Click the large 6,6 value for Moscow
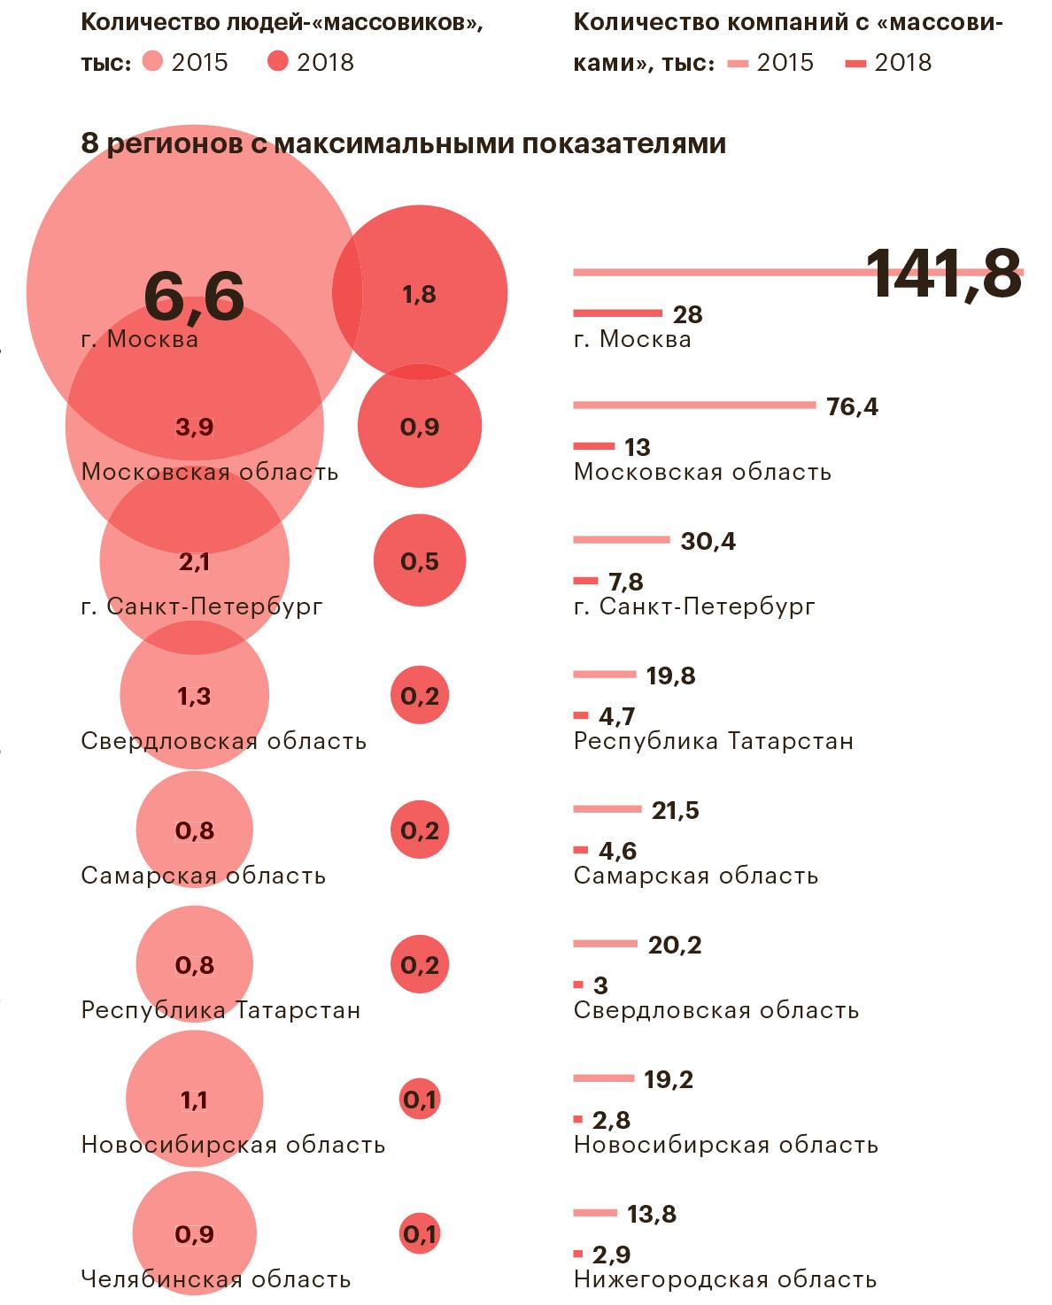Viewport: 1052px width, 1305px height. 194,296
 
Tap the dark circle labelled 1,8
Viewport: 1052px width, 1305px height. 420,293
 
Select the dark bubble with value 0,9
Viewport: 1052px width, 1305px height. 420,427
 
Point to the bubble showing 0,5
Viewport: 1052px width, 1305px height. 420,561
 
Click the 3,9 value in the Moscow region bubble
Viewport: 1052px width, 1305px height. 195,428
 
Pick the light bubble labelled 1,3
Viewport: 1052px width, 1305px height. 194,696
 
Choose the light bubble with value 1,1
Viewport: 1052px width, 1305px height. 194,1100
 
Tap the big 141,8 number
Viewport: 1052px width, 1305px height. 943,274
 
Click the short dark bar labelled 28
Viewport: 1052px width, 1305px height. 617,313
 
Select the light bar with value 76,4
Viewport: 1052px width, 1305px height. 694,405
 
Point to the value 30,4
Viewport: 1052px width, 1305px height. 708,541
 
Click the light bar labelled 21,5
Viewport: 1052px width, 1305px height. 607,809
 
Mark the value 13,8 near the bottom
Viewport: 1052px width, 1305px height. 651,1214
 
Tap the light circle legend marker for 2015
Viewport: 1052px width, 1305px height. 153,61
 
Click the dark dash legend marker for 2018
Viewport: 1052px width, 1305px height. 855,63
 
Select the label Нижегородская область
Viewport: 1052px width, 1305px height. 725,1279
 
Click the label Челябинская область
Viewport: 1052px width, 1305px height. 215,1279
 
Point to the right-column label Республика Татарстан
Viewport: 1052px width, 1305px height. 713,741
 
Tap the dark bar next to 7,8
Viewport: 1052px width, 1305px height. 586,581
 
